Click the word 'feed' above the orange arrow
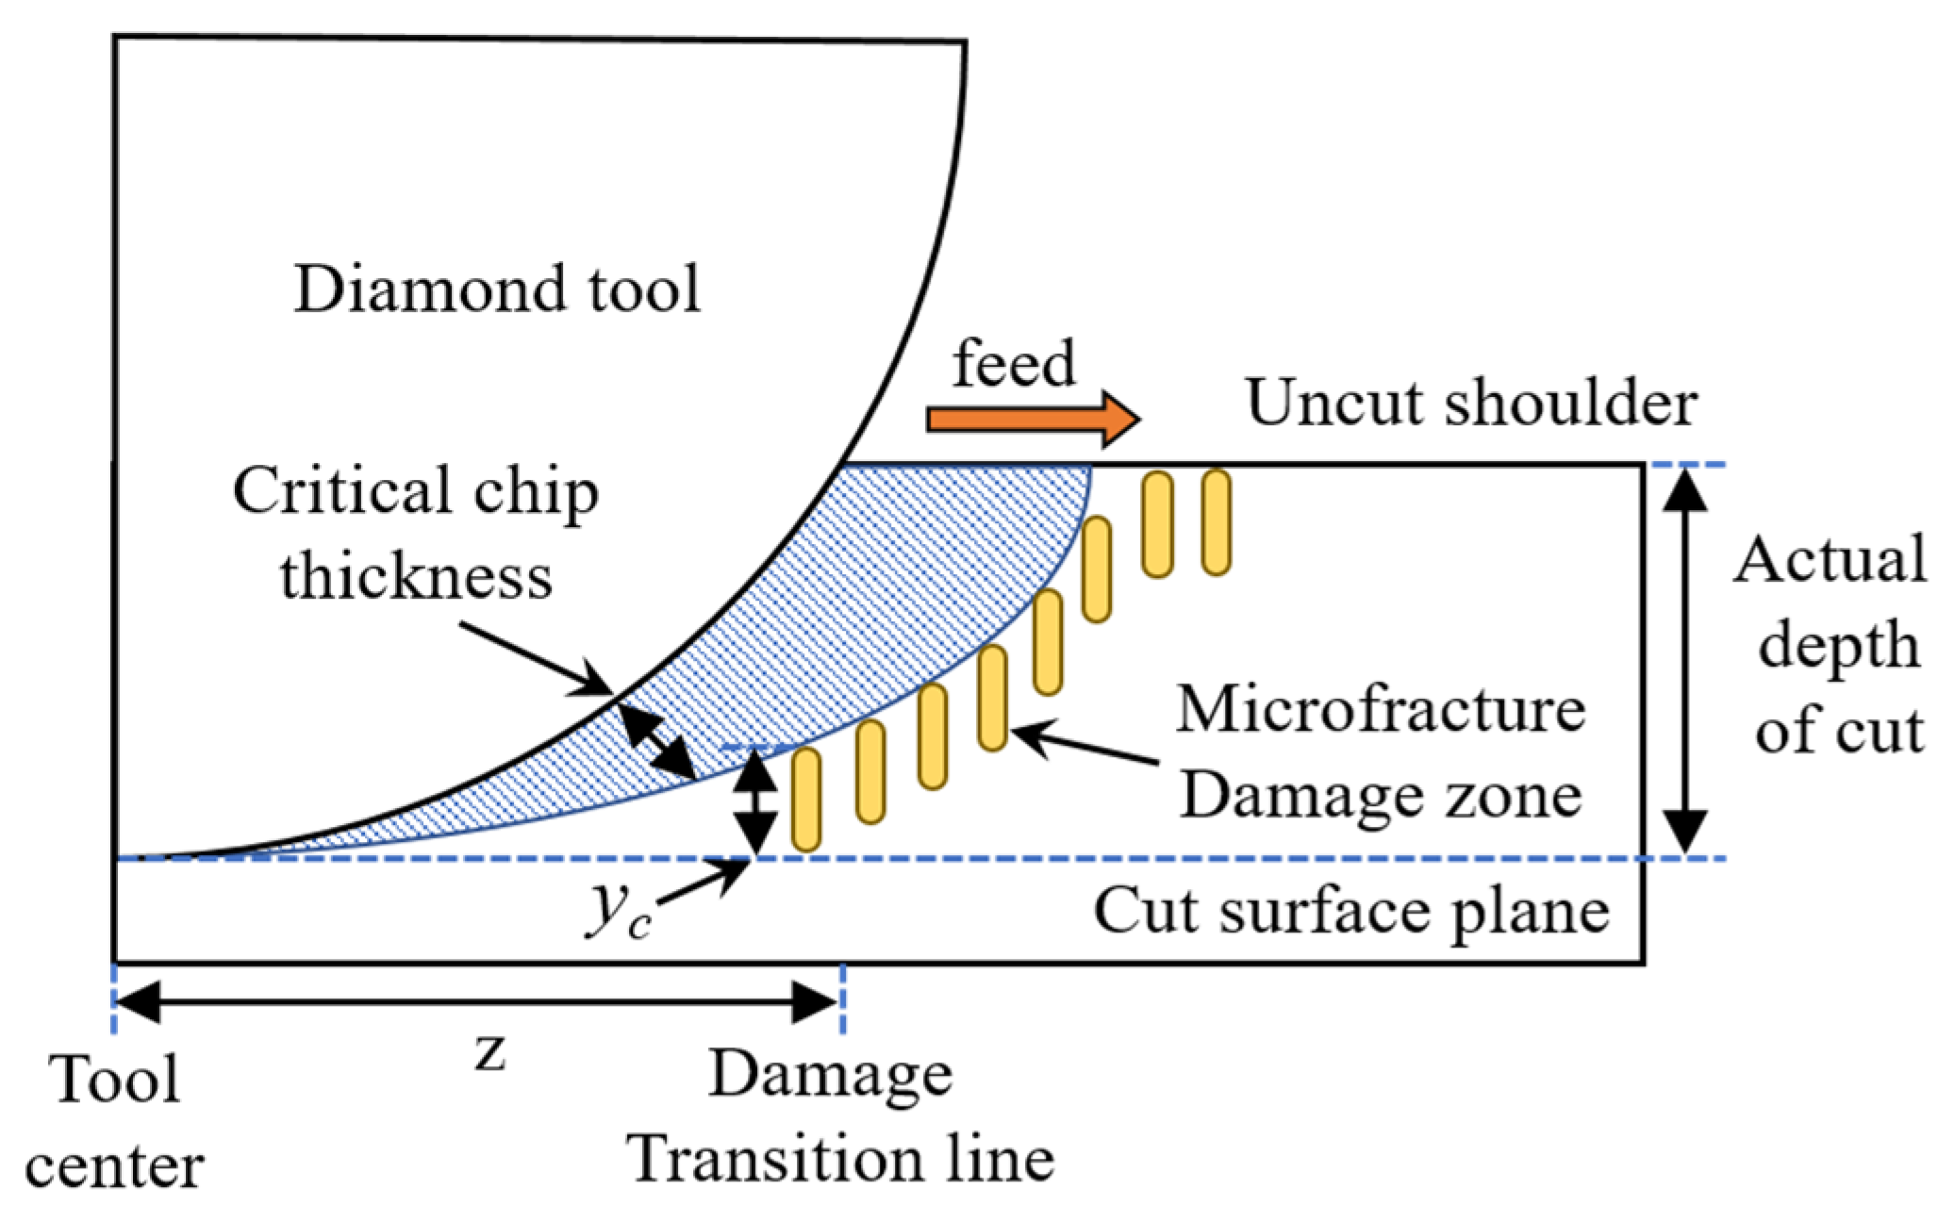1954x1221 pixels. [x=1014, y=363]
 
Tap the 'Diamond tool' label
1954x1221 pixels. [x=497, y=289]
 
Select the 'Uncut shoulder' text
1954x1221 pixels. [x=1471, y=404]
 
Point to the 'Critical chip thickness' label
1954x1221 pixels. [x=416, y=534]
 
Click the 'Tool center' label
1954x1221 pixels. [x=114, y=1122]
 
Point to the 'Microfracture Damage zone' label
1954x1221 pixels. [x=1381, y=751]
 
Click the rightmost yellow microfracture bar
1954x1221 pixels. [x=1217, y=522]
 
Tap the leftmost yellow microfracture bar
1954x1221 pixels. [x=806, y=800]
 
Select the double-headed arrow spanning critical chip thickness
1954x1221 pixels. [x=657, y=742]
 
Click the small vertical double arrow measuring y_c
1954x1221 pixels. [x=754, y=801]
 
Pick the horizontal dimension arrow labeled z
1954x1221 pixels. [x=476, y=1001]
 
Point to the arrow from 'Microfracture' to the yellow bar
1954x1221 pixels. [x=1085, y=745]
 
